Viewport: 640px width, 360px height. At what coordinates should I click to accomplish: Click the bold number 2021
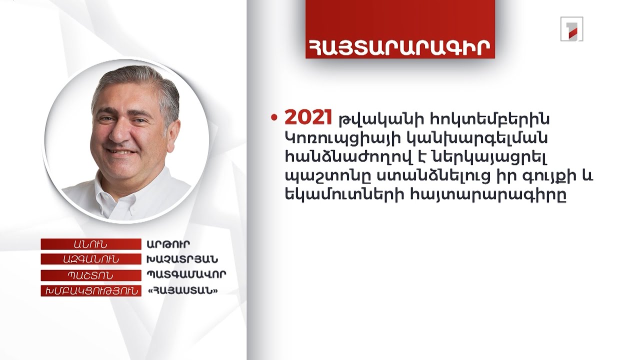click(x=308, y=118)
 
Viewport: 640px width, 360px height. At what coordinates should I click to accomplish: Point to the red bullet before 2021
click(x=274, y=118)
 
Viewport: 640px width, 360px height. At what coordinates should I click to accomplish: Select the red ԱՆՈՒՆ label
click(x=90, y=244)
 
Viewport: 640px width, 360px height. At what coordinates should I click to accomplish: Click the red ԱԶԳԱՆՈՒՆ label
click(x=90, y=259)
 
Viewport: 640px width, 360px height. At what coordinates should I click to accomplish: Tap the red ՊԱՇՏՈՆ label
click(x=90, y=275)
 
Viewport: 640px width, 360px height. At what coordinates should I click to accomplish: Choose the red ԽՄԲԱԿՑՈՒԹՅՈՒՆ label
click(x=90, y=290)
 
